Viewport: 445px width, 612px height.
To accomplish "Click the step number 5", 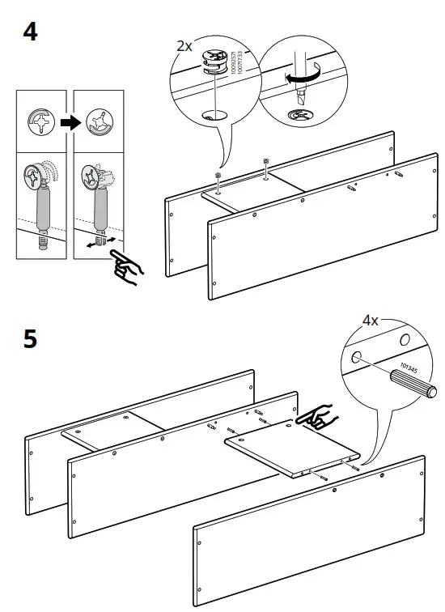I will [29, 338].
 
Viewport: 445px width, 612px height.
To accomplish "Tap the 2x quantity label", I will [185, 46].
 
